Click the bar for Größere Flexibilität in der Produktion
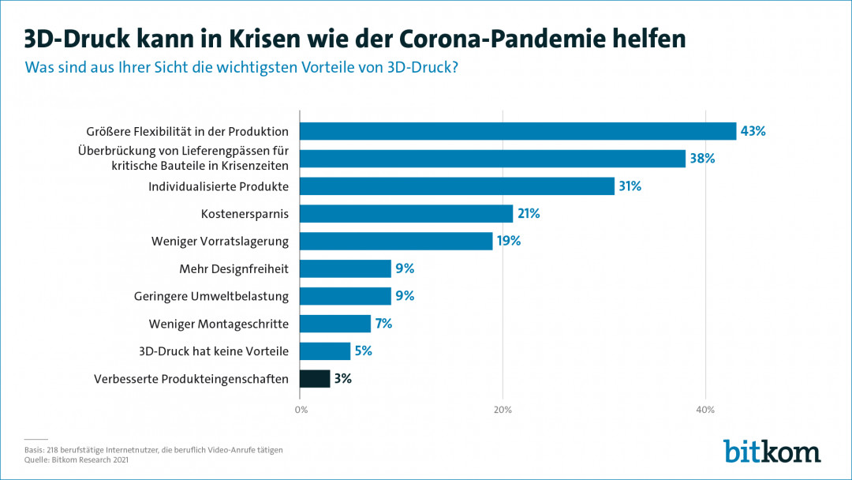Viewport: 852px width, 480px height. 518,131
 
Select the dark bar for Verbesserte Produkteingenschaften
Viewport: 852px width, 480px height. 315,379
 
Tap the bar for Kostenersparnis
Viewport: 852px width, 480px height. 406,214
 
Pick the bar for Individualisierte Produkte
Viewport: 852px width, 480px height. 457,186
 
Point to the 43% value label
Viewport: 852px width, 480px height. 753,131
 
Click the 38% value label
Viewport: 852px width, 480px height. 701,159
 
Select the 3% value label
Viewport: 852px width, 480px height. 342,379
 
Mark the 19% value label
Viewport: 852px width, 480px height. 508,242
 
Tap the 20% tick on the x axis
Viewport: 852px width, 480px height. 503,410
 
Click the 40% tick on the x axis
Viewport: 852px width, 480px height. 705,410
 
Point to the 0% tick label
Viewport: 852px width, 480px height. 301,410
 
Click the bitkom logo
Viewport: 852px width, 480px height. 772,450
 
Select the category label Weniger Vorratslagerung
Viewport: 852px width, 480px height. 220,242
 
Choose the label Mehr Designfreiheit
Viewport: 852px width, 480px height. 234,269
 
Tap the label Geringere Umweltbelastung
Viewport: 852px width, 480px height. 211,297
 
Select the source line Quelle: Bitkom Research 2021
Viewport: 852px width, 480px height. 77,459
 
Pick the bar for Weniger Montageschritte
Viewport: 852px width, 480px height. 335,324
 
